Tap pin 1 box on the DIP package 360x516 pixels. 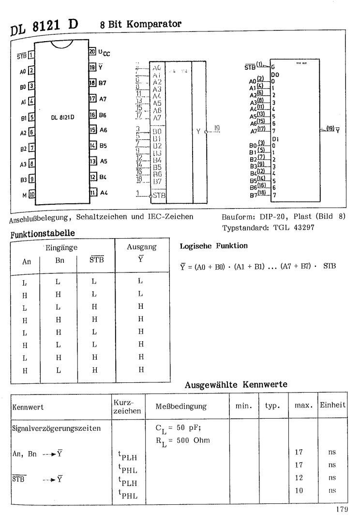(x=31, y=55)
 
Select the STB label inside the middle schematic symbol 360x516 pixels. (x=158, y=196)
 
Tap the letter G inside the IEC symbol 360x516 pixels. (x=272, y=66)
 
